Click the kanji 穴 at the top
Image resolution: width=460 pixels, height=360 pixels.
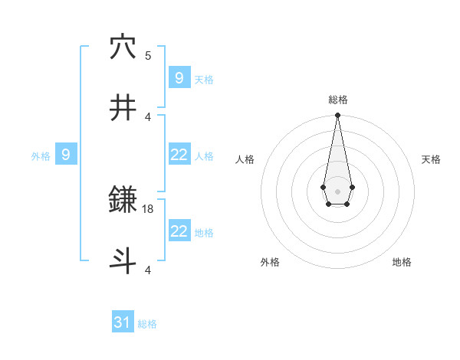pyautogui.click(x=123, y=47)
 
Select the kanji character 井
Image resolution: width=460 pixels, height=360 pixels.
pyautogui.click(x=123, y=108)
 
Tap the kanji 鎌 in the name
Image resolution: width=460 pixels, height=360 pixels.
pyautogui.click(x=123, y=201)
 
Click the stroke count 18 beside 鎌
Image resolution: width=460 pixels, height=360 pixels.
pyautogui.click(x=148, y=209)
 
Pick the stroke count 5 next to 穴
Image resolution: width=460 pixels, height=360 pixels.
pyautogui.click(x=148, y=56)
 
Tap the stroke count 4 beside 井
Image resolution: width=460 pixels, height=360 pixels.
pyautogui.click(x=148, y=116)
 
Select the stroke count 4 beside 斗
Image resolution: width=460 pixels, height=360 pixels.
pyautogui.click(x=148, y=270)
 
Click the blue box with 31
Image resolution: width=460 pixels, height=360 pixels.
pyautogui.click(x=123, y=322)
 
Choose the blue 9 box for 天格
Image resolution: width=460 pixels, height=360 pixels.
pyautogui.click(x=179, y=77)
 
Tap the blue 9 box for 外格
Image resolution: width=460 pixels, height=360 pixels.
pyautogui.click(x=66, y=155)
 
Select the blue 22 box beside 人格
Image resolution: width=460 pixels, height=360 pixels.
pyautogui.click(x=179, y=155)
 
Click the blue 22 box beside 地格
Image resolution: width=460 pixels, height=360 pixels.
pyautogui.click(x=179, y=231)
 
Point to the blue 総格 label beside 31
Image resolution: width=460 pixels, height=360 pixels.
pyautogui.click(x=147, y=324)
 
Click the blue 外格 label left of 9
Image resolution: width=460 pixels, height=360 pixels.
pyautogui.click(x=41, y=156)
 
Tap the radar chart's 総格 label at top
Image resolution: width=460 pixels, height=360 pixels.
pyautogui.click(x=337, y=100)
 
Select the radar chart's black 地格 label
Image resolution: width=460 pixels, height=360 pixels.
pyautogui.click(x=402, y=262)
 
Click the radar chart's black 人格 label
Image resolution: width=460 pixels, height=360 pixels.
pyautogui.click(x=245, y=159)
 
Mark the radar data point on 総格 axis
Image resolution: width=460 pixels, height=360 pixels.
pyautogui.click(x=337, y=116)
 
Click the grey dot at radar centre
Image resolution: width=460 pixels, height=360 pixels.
pyautogui.click(x=337, y=190)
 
